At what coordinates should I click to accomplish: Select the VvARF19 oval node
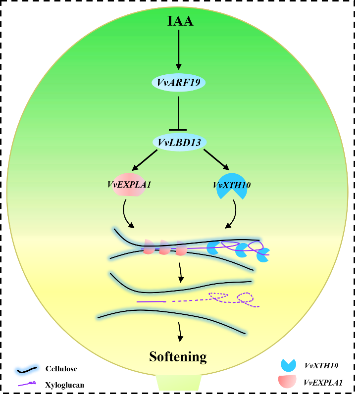178,82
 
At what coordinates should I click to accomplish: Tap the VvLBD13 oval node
179,143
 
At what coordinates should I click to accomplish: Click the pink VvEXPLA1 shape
129,185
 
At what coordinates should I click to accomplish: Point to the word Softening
178,356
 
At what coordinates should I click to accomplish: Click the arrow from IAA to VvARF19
179,49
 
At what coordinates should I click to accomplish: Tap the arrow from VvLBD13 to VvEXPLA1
145,160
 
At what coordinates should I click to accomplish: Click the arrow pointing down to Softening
180,331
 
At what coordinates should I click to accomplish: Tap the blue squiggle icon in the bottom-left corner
27,369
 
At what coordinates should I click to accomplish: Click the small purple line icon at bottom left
27,383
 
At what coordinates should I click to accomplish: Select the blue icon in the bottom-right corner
288,365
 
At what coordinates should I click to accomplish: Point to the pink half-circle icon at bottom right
287,380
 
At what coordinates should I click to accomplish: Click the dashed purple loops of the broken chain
233,298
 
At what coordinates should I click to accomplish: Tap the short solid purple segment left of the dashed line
151,301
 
